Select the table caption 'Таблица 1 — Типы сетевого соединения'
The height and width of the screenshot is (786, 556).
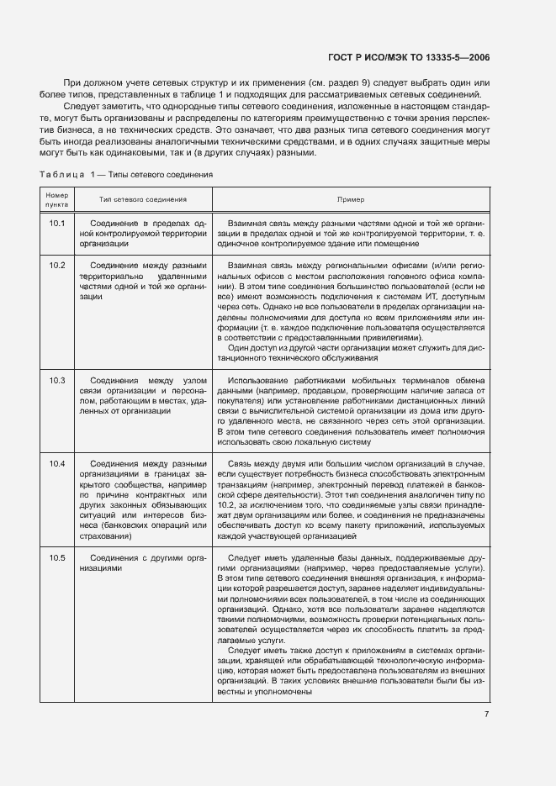(x=125, y=174)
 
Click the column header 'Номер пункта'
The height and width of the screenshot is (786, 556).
(x=57, y=200)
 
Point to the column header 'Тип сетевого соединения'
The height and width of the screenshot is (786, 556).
(x=143, y=200)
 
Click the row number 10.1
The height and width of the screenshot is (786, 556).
(x=57, y=223)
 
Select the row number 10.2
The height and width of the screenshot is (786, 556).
(x=57, y=265)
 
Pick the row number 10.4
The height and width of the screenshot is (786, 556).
(x=57, y=463)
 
